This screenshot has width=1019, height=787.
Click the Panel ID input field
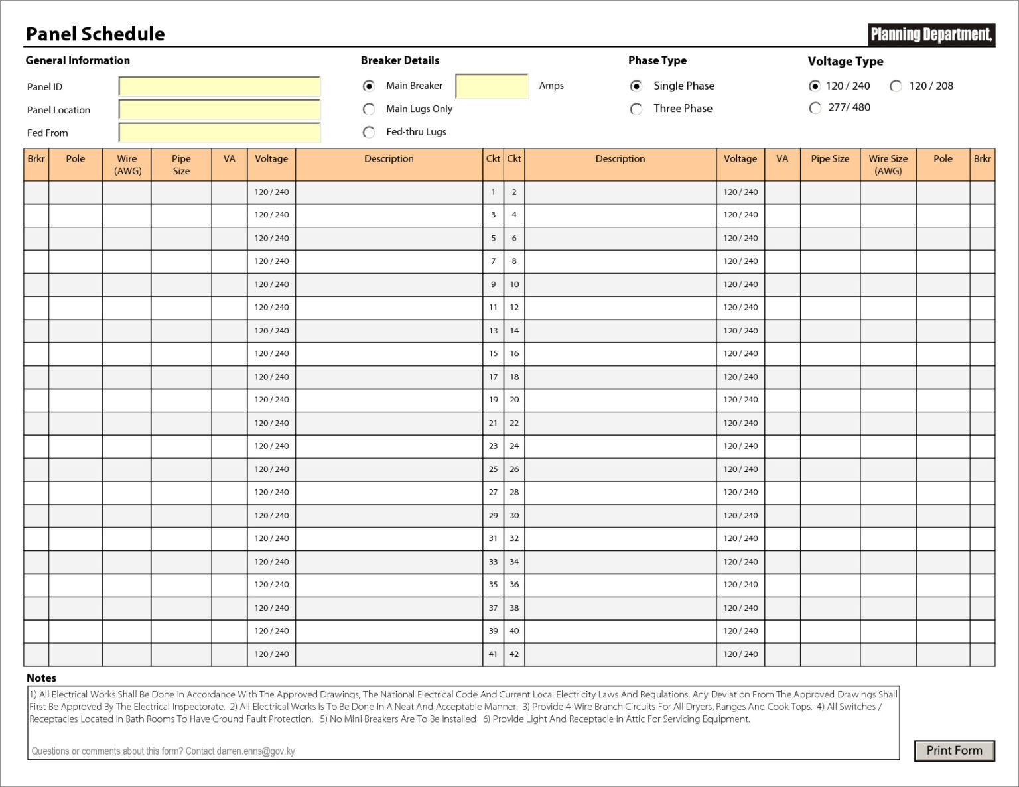pyautogui.click(x=219, y=86)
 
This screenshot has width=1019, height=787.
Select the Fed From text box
pyautogui.click(x=219, y=133)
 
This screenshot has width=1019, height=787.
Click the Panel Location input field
pyautogui.click(x=219, y=109)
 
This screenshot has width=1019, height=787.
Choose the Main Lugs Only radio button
pyautogui.click(x=369, y=109)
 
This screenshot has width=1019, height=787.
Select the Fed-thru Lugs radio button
pyautogui.click(x=369, y=132)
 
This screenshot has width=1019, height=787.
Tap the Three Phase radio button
pyautogui.click(x=636, y=109)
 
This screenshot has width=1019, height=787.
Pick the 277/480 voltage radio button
pyautogui.click(x=815, y=108)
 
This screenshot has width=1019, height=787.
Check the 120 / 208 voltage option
pyautogui.click(x=896, y=86)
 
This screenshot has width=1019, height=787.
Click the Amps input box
pyautogui.click(x=492, y=86)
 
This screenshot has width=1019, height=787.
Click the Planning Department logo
pyautogui.click(x=931, y=34)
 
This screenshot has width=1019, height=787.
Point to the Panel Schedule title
pyautogui.click(x=96, y=34)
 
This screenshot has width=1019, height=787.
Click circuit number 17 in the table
pyautogui.click(x=493, y=377)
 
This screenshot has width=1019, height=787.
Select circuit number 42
pyautogui.click(x=514, y=654)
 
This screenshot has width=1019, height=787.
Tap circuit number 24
pyautogui.click(x=514, y=446)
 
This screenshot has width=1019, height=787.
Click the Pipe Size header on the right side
pyautogui.click(x=830, y=159)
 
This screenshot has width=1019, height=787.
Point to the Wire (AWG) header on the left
pyautogui.click(x=127, y=164)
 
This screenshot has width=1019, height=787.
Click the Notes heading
pyautogui.click(x=41, y=678)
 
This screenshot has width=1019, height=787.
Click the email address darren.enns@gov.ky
pyautogui.click(x=255, y=751)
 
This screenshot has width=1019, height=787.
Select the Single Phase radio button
pyautogui.click(x=636, y=86)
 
